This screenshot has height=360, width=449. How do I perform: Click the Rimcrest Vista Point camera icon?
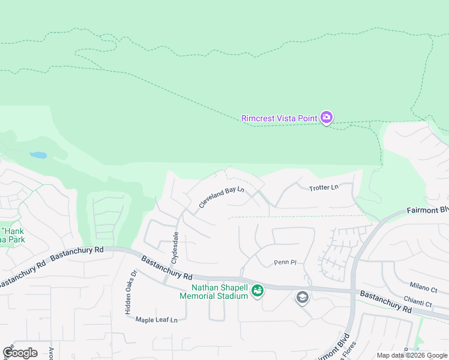click(327, 118)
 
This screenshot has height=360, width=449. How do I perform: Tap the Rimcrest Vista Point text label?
click(279, 118)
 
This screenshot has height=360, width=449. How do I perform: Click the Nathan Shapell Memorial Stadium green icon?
click(258, 291)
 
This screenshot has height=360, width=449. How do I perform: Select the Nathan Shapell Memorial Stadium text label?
click(214, 291)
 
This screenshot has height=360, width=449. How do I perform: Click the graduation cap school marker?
click(303, 297)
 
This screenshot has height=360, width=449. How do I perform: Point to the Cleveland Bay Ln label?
click(221, 199)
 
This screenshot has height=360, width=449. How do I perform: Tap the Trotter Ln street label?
click(324, 188)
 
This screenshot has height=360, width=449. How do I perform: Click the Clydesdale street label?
click(175, 248)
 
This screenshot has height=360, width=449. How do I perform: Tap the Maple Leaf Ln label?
click(157, 320)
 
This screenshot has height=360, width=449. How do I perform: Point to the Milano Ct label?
click(424, 289)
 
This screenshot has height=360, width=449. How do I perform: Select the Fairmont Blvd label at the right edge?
click(427, 211)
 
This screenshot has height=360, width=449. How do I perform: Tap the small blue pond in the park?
click(38, 155)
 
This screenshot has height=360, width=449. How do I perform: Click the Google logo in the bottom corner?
click(19, 353)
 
